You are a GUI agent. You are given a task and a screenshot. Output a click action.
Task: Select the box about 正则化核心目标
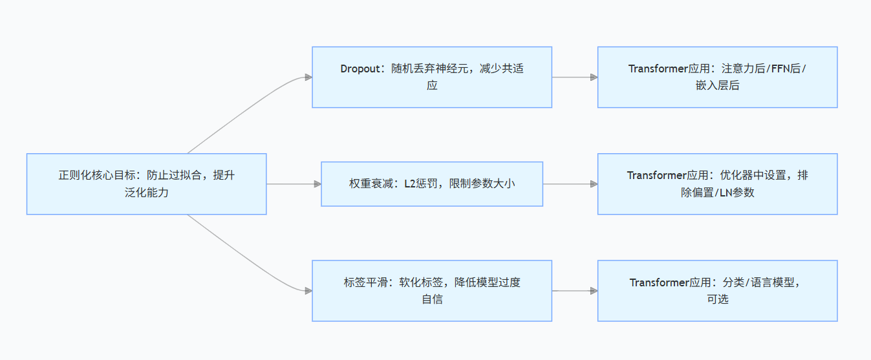point(146,184)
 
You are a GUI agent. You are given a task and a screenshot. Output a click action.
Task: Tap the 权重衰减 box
point(431,184)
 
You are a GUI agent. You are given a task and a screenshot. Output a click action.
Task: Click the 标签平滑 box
point(431,290)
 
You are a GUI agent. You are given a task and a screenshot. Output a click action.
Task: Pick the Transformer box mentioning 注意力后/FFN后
point(717,77)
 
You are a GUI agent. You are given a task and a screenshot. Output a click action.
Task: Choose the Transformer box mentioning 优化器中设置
point(717,184)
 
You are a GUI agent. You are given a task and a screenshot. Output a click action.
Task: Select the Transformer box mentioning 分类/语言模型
point(717,290)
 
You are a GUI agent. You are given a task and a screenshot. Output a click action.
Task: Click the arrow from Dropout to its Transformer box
point(574,77)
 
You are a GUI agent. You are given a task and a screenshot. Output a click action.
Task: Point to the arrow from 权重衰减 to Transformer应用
point(570,184)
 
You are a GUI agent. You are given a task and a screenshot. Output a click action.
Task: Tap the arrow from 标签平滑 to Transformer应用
point(574,290)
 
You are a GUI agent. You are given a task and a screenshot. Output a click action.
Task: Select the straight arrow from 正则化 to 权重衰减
point(294,184)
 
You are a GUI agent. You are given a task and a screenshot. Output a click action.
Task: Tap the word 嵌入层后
point(717,85)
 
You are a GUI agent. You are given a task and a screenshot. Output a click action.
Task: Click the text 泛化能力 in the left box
point(146,192)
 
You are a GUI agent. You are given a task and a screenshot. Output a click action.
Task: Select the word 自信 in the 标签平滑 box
point(432,299)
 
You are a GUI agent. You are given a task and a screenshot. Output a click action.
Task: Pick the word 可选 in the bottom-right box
point(717,299)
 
